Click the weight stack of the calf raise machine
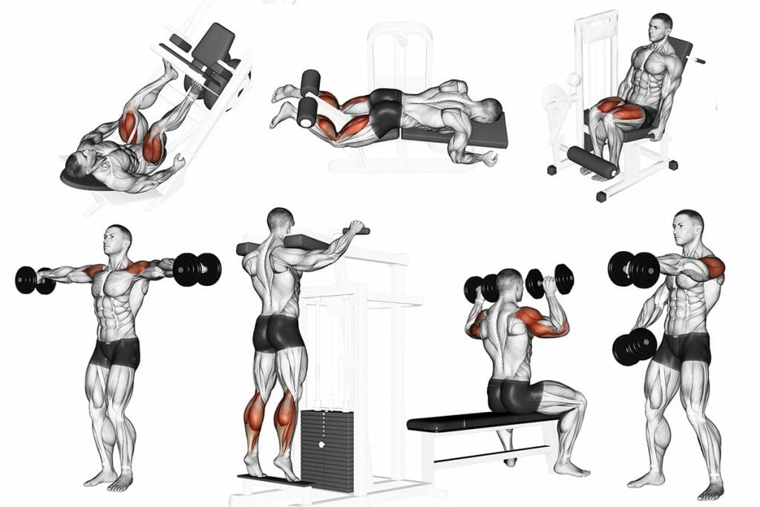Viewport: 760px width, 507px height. [327, 448]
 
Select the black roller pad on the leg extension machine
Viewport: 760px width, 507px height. [592, 162]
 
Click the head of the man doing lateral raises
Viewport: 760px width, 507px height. [119, 239]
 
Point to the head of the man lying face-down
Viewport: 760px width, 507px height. [488, 111]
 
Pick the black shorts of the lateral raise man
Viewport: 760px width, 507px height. [114, 352]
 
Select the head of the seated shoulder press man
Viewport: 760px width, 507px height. [510, 283]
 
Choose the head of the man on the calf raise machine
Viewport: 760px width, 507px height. [281, 220]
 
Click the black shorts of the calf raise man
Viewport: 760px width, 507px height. [278, 333]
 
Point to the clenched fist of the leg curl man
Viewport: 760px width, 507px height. [488, 159]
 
